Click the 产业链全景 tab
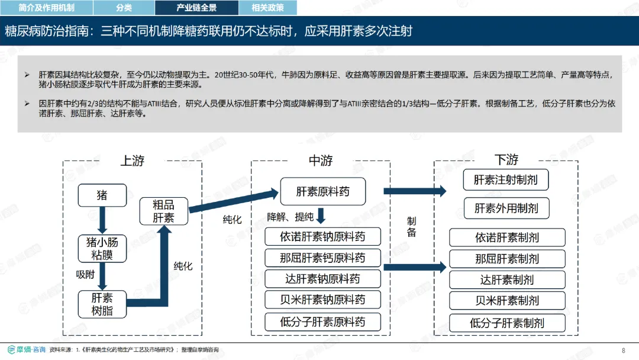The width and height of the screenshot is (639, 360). pyautogui.click(x=196, y=8)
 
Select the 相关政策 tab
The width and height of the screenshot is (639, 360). pyautogui.click(x=267, y=8)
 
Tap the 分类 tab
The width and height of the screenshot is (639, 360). pyautogui.click(x=124, y=8)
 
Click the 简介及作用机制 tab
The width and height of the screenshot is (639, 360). pyautogui.click(x=47, y=8)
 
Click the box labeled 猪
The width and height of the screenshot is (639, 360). pyautogui.click(x=102, y=195)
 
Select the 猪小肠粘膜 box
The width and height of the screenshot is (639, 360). pyautogui.click(x=102, y=248)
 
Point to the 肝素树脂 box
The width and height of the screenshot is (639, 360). pyautogui.click(x=102, y=304)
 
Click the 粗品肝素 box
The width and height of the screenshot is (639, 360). pyautogui.click(x=163, y=211)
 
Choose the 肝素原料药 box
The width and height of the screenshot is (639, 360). pyautogui.click(x=323, y=191)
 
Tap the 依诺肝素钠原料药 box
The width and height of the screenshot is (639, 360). pyautogui.click(x=323, y=236)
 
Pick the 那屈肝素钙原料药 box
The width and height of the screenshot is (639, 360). pyautogui.click(x=323, y=258)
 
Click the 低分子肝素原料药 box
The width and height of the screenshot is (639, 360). pyautogui.click(x=323, y=322)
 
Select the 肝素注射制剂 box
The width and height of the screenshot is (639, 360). pyautogui.click(x=506, y=180)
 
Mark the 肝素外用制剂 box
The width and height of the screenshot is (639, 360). pyautogui.click(x=506, y=208)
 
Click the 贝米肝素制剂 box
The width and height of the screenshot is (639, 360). pyautogui.click(x=507, y=301)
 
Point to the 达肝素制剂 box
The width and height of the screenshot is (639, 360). pyautogui.click(x=507, y=279)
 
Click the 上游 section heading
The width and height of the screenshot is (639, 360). pyautogui.click(x=133, y=160)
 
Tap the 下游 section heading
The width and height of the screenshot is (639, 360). pyautogui.click(x=506, y=159)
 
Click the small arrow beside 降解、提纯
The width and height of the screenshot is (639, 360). pyautogui.click(x=321, y=216)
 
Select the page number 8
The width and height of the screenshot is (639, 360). pyautogui.click(x=624, y=350)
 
